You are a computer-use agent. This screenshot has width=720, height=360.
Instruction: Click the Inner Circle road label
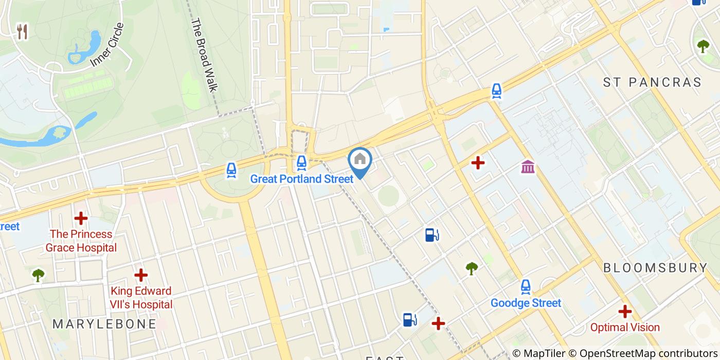pyautogui.click(x=107, y=45)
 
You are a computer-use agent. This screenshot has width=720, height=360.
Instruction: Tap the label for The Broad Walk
pyautogui.click(x=204, y=55)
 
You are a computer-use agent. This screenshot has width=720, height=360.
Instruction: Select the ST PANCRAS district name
pyautogui.click(x=652, y=82)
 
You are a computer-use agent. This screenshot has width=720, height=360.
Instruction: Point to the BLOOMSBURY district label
pyautogui.click(x=655, y=268)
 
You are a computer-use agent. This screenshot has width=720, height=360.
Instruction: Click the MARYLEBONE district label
pyautogui.click(x=104, y=324)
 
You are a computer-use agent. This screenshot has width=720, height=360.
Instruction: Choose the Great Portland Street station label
pyautogui.click(x=302, y=179)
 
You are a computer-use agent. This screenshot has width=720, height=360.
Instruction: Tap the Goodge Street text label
pyautogui.click(x=526, y=303)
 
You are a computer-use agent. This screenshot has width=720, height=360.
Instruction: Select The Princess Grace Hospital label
pyautogui.click(x=81, y=241)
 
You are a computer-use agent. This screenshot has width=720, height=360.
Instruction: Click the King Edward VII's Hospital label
pyautogui.click(x=141, y=298)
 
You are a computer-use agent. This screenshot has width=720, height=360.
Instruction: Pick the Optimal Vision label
pyautogui.click(x=625, y=327)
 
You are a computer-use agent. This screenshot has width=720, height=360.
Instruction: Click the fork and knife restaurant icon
pyautogui.click(x=22, y=32)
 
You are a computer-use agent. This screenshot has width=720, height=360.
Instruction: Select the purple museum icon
pyautogui.click(x=528, y=167)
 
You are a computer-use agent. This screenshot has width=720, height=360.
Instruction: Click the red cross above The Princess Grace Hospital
pyautogui.click(x=81, y=218)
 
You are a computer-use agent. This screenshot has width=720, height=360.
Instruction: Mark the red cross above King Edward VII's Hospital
pyautogui.click(x=141, y=275)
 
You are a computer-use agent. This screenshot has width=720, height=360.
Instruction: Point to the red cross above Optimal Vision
pyautogui.click(x=625, y=311)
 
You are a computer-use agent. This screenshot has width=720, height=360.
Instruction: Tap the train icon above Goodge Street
pyautogui.click(x=526, y=286)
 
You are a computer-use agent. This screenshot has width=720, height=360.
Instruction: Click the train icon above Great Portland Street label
pyautogui.click(x=301, y=163)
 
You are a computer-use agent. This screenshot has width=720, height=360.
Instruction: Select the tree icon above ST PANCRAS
pyautogui.click(x=703, y=46)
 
